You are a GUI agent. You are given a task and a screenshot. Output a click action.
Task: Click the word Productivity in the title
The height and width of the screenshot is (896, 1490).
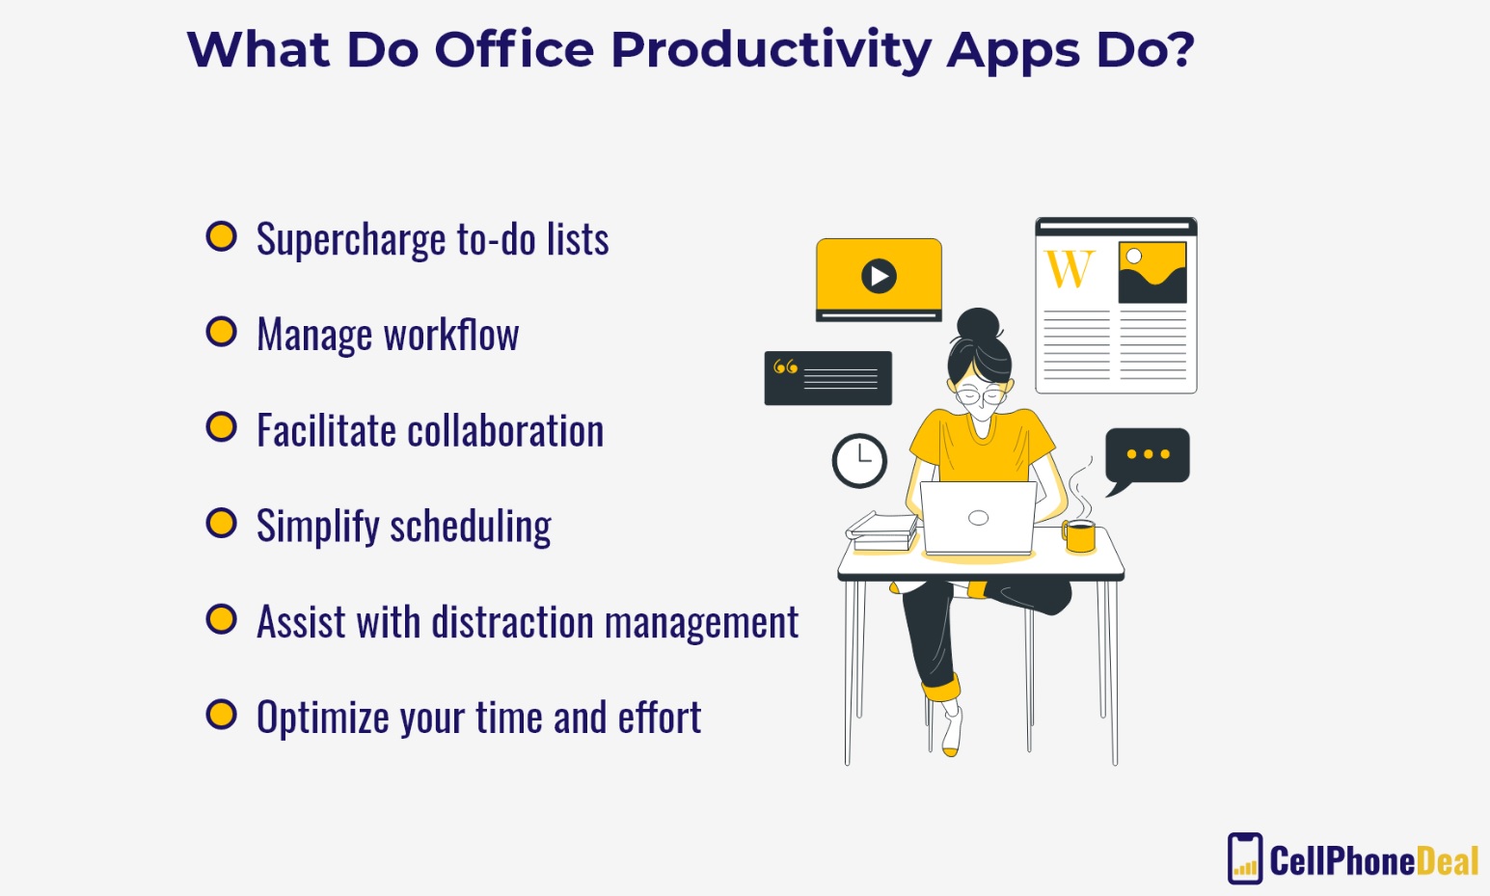pyautogui.click(x=771, y=51)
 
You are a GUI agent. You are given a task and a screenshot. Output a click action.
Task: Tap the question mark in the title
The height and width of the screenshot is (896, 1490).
pyautogui.click(x=1178, y=48)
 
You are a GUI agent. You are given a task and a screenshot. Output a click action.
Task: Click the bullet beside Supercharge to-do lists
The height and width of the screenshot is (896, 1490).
pyautogui.click(x=222, y=237)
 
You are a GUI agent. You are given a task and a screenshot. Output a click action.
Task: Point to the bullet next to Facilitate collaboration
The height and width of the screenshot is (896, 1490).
pyautogui.click(x=222, y=427)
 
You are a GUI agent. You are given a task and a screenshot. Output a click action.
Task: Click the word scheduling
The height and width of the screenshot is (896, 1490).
pyautogui.click(x=471, y=527)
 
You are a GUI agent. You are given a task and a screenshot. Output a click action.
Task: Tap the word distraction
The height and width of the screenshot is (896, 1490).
pyautogui.click(x=513, y=622)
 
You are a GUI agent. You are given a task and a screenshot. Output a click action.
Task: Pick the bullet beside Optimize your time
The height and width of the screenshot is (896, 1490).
pyautogui.click(x=222, y=715)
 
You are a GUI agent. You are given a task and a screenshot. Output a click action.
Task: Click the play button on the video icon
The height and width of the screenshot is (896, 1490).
pyautogui.click(x=879, y=276)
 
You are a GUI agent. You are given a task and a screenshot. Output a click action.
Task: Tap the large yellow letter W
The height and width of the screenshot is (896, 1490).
pyautogui.click(x=1070, y=269)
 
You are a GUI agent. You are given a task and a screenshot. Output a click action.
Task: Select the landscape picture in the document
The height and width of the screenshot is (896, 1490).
pyautogui.click(x=1152, y=273)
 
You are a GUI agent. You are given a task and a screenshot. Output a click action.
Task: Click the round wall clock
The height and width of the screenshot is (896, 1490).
pyautogui.click(x=859, y=461)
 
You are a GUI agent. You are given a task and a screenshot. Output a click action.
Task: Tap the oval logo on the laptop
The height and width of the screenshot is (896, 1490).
pyautogui.click(x=979, y=518)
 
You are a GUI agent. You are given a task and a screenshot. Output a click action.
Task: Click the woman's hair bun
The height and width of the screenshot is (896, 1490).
pyautogui.click(x=979, y=325)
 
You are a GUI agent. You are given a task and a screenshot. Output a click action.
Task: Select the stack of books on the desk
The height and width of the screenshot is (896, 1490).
pyautogui.click(x=882, y=531)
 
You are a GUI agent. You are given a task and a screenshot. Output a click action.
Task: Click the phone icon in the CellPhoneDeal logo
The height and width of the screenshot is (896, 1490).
pyautogui.click(x=1244, y=858)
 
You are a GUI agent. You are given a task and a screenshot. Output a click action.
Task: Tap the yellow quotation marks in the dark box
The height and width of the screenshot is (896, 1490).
pyautogui.click(x=786, y=367)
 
